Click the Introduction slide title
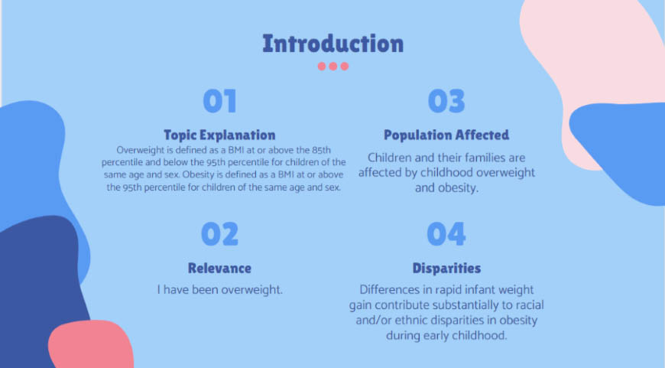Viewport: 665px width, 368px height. coord(332,44)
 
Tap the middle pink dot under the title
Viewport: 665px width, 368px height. coord(333,67)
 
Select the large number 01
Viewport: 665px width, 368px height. coord(219,102)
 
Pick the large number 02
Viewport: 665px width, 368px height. coord(219,234)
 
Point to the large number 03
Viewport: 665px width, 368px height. coord(446,102)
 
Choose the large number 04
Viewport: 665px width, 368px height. coord(446,234)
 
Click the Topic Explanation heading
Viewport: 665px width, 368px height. coord(219,135)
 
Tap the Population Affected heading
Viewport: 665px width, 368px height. coord(446,135)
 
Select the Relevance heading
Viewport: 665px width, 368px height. coord(219,269)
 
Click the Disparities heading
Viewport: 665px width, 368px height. coord(446,269)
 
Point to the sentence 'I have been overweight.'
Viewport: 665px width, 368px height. coord(219,290)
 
